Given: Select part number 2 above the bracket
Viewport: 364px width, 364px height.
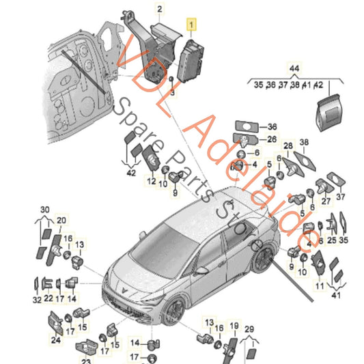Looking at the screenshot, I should point(160,9).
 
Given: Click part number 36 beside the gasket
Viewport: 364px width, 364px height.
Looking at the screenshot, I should point(272,127).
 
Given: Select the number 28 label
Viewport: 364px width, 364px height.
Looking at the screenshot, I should point(288,147).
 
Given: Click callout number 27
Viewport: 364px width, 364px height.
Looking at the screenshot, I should point(326,201).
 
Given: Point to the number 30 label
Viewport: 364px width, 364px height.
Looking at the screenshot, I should point(45,209).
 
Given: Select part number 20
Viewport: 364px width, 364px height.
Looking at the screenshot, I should point(61,220).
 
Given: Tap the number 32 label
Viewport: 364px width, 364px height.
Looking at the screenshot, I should point(36,299).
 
